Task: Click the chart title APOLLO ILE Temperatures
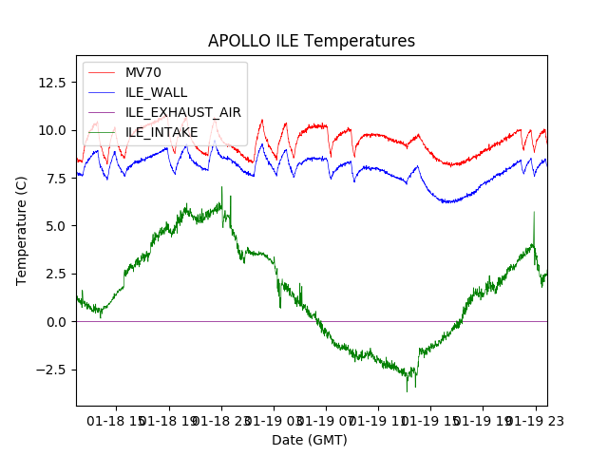pos(312,42)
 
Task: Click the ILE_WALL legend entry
pos(156,93)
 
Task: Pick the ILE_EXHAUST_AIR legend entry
pos(183,112)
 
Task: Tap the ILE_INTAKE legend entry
pos(161,132)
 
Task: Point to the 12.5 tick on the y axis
pos(51,82)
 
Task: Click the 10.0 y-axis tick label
pos(51,130)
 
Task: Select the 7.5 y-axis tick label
pos(55,179)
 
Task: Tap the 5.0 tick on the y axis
pos(55,226)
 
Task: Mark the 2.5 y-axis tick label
pos(55,274)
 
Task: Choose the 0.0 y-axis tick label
pos(55,322)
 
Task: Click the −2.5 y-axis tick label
pos(51,370)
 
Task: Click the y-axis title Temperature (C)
pos(22,231)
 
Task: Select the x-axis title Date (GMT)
pos(310,440)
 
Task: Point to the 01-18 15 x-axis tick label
pos(118,419)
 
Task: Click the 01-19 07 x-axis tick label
pos(327,419)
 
